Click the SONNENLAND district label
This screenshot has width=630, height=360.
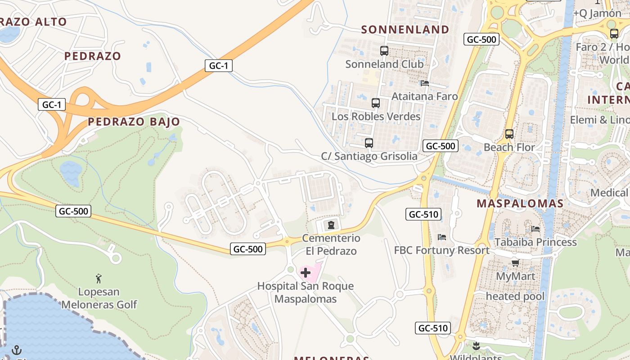pos(405,30)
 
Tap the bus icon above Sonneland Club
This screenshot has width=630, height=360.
pos(384,51)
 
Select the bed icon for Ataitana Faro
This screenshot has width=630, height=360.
pos(424,83)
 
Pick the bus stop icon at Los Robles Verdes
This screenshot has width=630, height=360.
pos(376,103)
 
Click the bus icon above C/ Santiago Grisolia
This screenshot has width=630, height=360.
pos(369,143)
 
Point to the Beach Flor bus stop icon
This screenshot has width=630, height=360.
pos(509,134)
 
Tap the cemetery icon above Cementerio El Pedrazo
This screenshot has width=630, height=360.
pos(331,225)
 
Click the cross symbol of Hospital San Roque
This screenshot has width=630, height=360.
pos(306,273)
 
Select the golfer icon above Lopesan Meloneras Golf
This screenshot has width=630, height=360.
pos(99,279)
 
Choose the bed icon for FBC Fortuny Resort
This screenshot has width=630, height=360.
pos(441,237)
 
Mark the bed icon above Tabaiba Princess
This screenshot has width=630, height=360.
pos(535,229)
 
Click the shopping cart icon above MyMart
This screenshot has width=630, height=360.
pos(515,263)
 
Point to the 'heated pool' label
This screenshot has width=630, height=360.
pos(515,297)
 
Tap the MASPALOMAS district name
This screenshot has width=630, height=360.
pos(520,203)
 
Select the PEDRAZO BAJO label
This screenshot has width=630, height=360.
pos(134,121)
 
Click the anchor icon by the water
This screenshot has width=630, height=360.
pos(16,350)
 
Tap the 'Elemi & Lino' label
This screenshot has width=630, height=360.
pos(599,120)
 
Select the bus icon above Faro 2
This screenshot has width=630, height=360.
pos(614,34)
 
